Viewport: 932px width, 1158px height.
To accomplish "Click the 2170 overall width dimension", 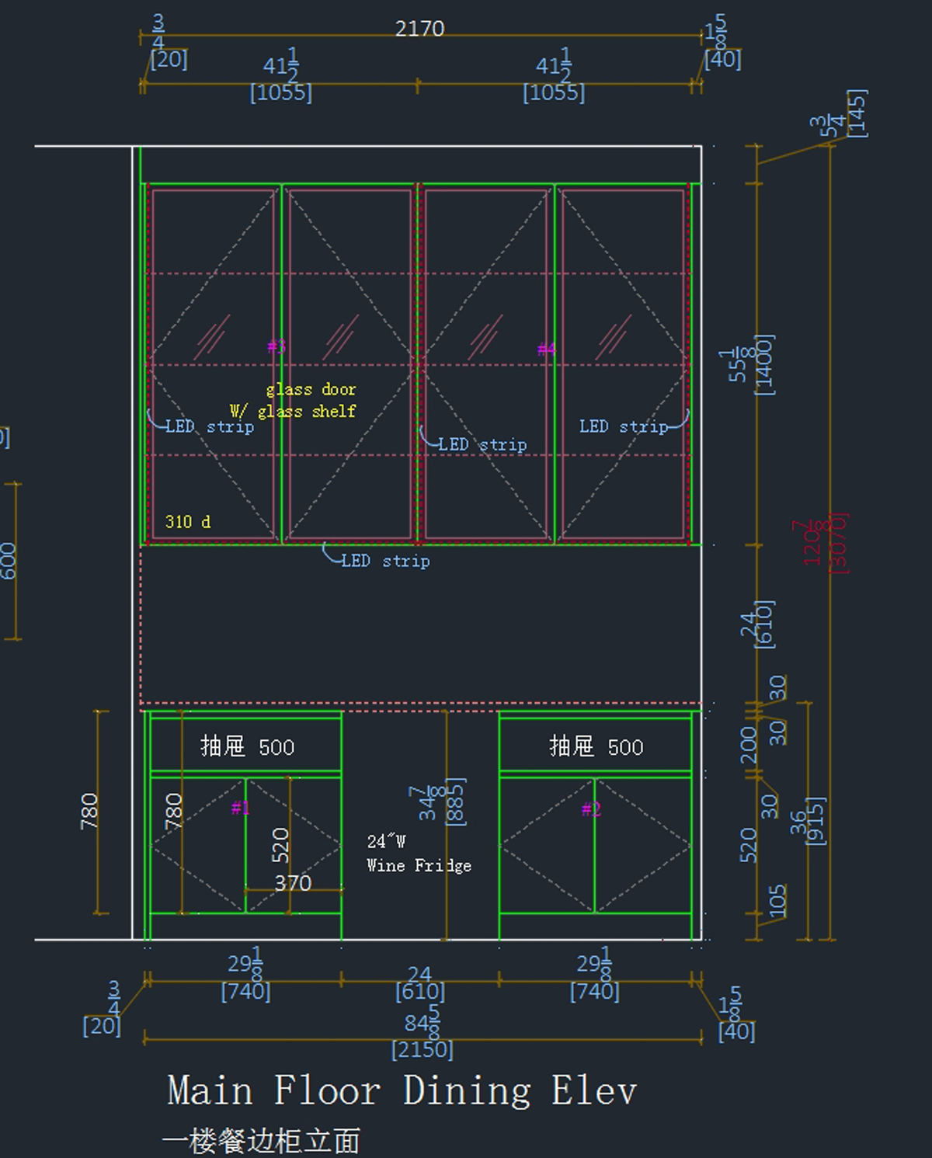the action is tap(419, 29).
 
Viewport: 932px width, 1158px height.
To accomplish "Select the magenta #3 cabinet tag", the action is tap(276, 346).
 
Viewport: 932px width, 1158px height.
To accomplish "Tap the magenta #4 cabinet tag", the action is tap(547, 349).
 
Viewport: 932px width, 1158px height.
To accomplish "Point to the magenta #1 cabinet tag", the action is tap(241, 809).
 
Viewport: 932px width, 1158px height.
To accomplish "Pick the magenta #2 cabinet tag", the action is tap(591, 810).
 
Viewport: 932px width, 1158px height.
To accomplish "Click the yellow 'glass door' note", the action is tap(311, 389).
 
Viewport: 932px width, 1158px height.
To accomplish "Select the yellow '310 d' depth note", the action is tap(187, 522).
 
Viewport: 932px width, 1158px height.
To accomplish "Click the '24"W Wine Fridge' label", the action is tap(419, 854).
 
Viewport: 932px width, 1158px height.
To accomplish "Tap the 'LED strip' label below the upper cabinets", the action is tap(385, 561).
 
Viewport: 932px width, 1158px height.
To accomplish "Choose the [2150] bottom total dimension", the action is tap(422, 1050).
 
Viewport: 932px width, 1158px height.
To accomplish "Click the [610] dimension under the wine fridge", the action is tap(420, 992).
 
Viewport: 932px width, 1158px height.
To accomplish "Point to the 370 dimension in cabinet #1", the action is tap(293, 883).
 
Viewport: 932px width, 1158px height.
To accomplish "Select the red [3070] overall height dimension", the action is tap(839, 543).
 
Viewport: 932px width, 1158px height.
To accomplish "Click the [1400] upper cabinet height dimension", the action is tap(764, 365).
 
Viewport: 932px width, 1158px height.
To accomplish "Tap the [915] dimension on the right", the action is tap(817, 821).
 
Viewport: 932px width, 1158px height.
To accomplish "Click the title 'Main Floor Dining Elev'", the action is tap(402, 1090).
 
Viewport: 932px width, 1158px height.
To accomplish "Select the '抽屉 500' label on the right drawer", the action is tap(596, 747).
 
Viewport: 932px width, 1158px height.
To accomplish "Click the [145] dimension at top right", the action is tap(857, 113).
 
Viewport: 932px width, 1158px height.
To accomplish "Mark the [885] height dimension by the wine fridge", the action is tap(457, 802).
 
